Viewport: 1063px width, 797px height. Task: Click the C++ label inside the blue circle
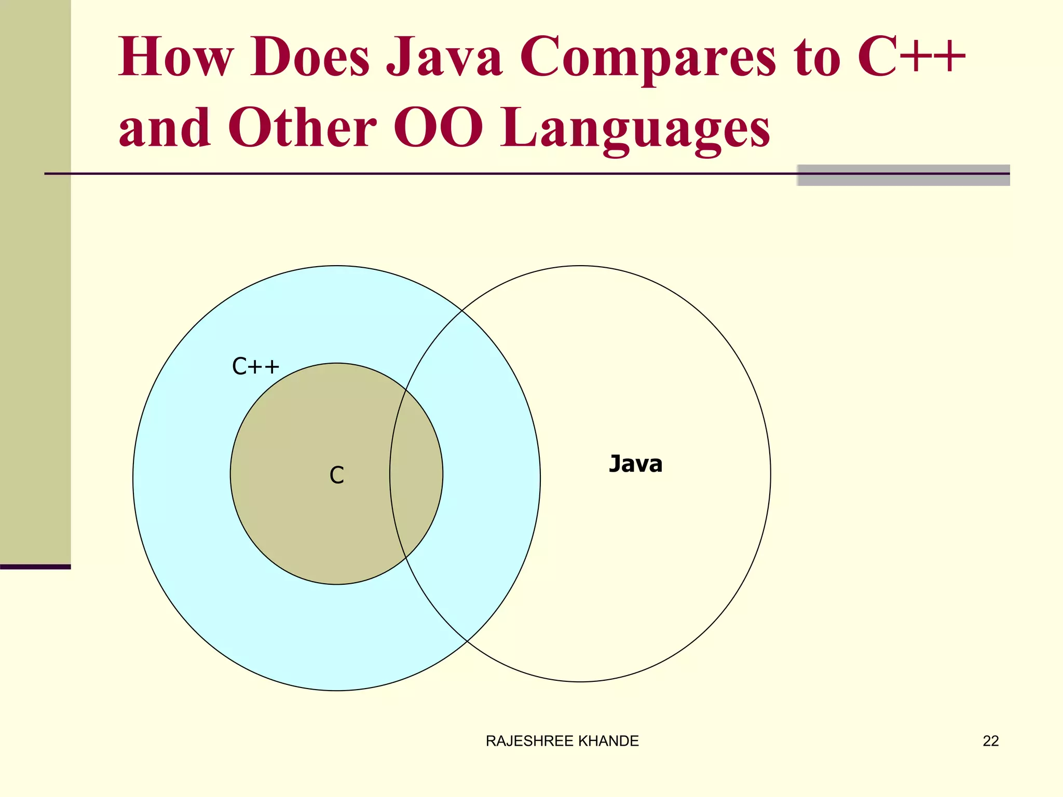pyautogui.click(x=255, y=366)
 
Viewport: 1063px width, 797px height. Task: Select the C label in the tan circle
pyautogui.click(x=336, y=475)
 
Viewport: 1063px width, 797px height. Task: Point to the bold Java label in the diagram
pyautogui.click(x=635, y=464)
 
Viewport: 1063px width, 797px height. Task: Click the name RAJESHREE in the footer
pyautogui.click(x=529, y=741)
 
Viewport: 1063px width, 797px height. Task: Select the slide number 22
pyautogui.click(x=990, y=741)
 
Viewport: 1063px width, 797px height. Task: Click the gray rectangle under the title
pyautogui.click(x=903, y=175)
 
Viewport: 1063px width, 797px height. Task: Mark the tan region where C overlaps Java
pyautogui.click(x=415, y=473)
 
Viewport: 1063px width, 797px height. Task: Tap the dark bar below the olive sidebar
pyautogui.click(x=35, y=567)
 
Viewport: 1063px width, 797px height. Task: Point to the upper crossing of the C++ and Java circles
pyautogui.click(x=462, y=310)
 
